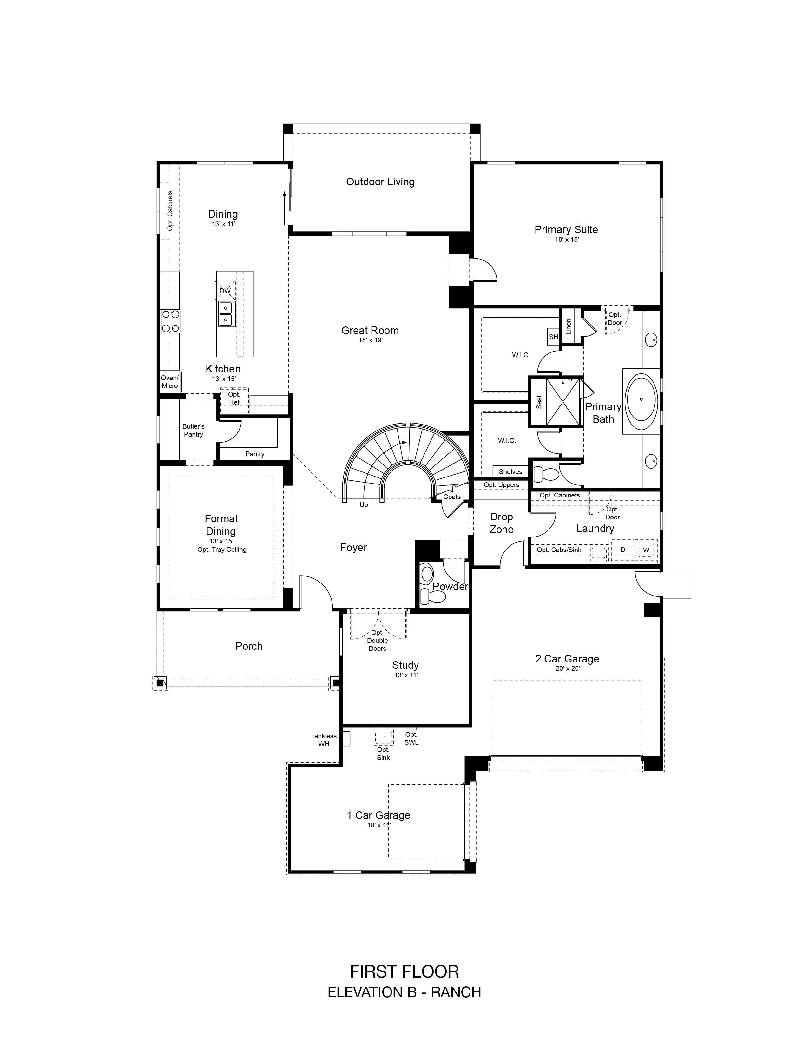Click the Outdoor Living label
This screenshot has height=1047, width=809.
coord(380,182)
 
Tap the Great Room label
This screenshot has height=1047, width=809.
coord(370,330)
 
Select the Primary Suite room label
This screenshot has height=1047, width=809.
coord(566,230)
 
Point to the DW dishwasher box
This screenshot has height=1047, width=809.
coord(225,291)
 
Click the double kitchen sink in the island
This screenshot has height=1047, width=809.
coord(225,313)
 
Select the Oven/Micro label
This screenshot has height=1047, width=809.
coord(170,382)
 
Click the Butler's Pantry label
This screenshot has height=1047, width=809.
coord(194,430)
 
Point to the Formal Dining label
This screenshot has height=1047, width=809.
coord(221,525)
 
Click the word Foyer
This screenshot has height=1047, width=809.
coord(354,548)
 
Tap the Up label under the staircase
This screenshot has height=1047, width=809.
coord(364,505)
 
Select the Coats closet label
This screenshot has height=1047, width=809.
coord(452,497)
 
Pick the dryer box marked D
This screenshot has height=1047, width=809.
coord(622,550)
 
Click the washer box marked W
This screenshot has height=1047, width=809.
coord(646,550)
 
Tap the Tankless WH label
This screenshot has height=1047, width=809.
coord(324,740)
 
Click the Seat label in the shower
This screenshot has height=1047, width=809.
coord(539,402)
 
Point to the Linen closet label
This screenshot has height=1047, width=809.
coord(569,326)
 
